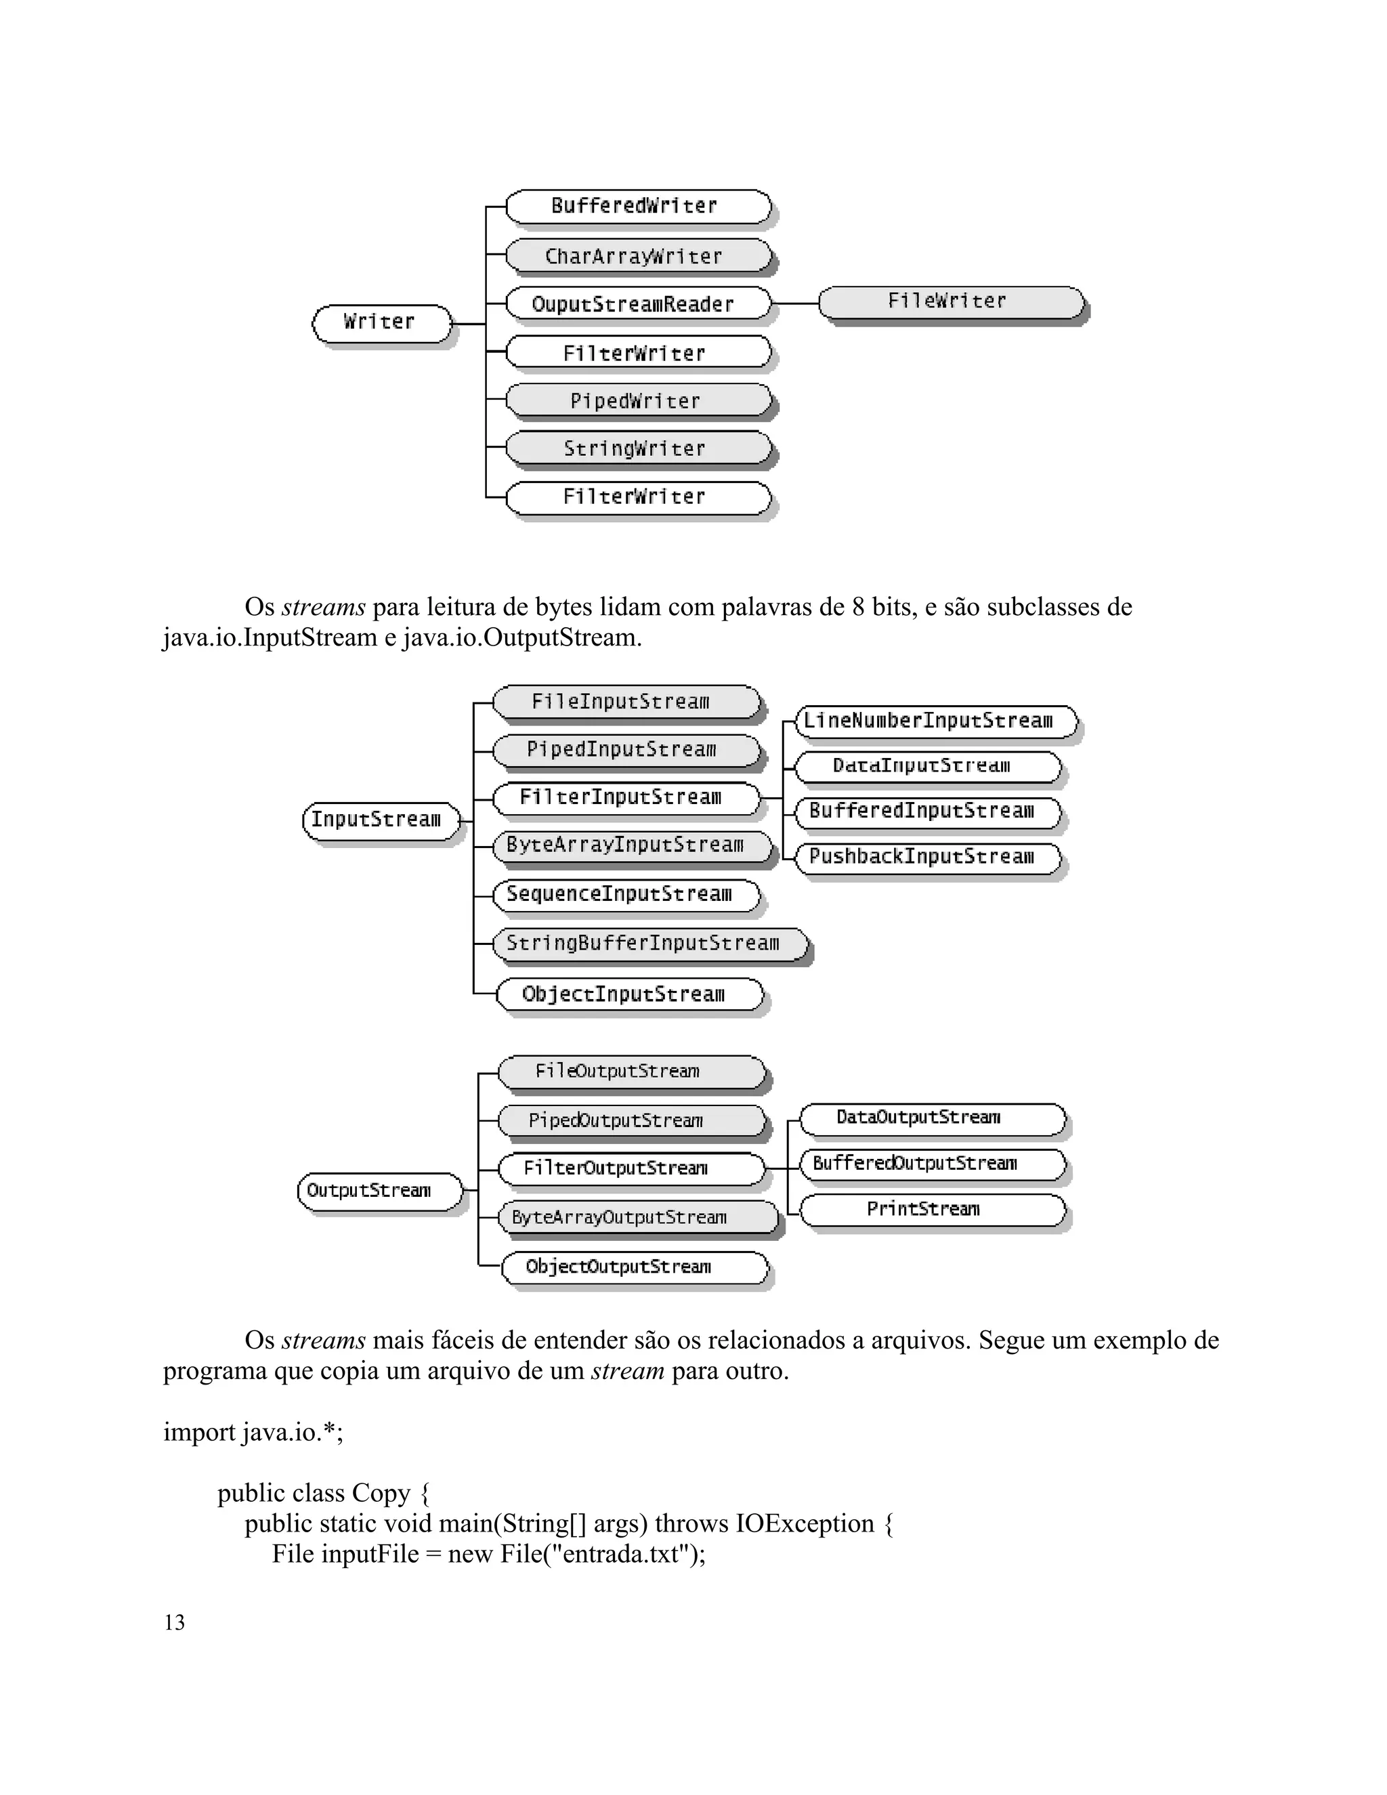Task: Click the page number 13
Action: tap(174, 1622)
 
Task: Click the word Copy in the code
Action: tap(381, 1494)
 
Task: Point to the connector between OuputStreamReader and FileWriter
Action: tap(795, 303)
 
